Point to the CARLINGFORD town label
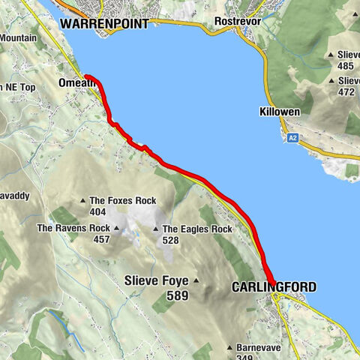pos(274,286)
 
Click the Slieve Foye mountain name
pos(156,281)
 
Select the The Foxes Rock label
pos(122,201)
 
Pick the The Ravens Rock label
pos(73,228)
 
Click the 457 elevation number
pos(100,239)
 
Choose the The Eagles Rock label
pos(196,229)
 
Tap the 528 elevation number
pos(173,240)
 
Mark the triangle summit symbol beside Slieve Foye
pos(196,281)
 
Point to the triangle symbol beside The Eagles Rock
pos(156,229)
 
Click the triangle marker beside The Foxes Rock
pos(84,201)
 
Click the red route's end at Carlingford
pos(271,283)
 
